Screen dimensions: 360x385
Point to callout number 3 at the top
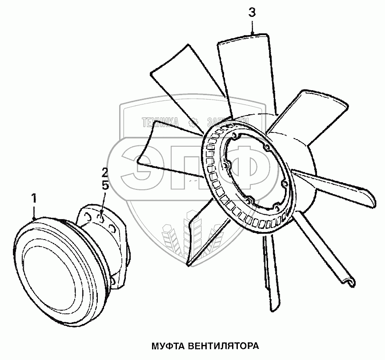click(x=252, y=13)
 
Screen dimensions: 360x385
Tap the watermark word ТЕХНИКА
click(x=160, y=121)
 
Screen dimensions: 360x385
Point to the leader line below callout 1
click(x=34, y=212)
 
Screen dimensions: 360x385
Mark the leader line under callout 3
click(x=252, y=27)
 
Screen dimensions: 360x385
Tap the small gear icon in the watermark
click(x=194, y=121)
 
